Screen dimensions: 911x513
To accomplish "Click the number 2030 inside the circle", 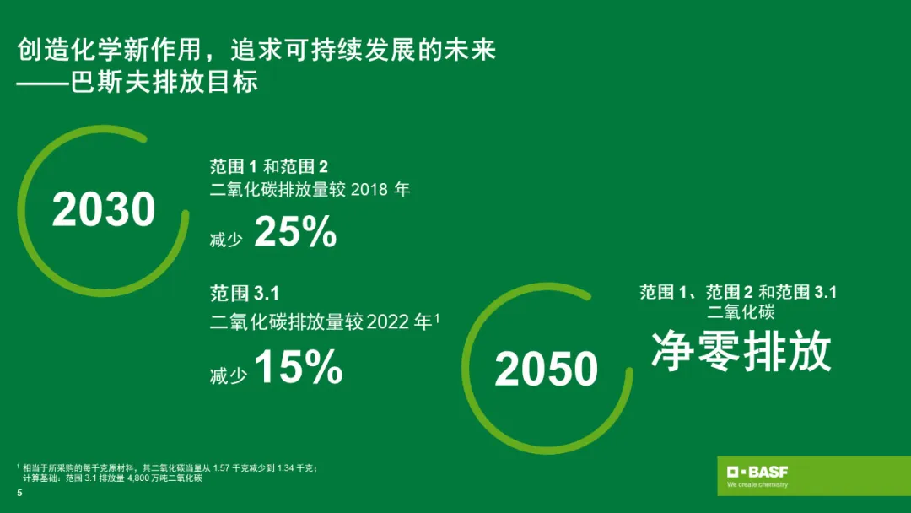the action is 104,209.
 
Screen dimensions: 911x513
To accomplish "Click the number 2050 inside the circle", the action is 546,369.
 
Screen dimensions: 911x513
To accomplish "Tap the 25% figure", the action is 296,232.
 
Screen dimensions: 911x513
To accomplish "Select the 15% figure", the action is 299,366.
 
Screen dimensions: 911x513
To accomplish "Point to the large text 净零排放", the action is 741,352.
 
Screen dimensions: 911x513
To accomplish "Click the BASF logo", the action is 757,471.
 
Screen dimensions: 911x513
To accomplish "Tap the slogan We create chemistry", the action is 757,484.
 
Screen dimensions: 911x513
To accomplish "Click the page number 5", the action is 19,493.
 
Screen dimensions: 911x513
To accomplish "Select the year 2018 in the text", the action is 369,189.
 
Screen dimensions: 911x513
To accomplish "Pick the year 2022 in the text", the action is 387,321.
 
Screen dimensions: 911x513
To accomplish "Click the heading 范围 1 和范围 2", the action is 269,167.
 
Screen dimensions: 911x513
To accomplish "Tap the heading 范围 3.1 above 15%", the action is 245,294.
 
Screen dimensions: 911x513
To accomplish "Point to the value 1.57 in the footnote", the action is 221,467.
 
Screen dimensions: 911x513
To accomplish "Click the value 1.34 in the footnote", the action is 286,467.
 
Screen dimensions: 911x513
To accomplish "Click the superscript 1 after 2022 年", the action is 437,318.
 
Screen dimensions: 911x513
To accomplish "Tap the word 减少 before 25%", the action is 226,240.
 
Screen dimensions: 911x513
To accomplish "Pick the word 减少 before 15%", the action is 228,375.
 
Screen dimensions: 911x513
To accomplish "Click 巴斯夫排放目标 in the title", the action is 164,82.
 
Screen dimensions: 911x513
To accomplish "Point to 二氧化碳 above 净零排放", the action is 741,312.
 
